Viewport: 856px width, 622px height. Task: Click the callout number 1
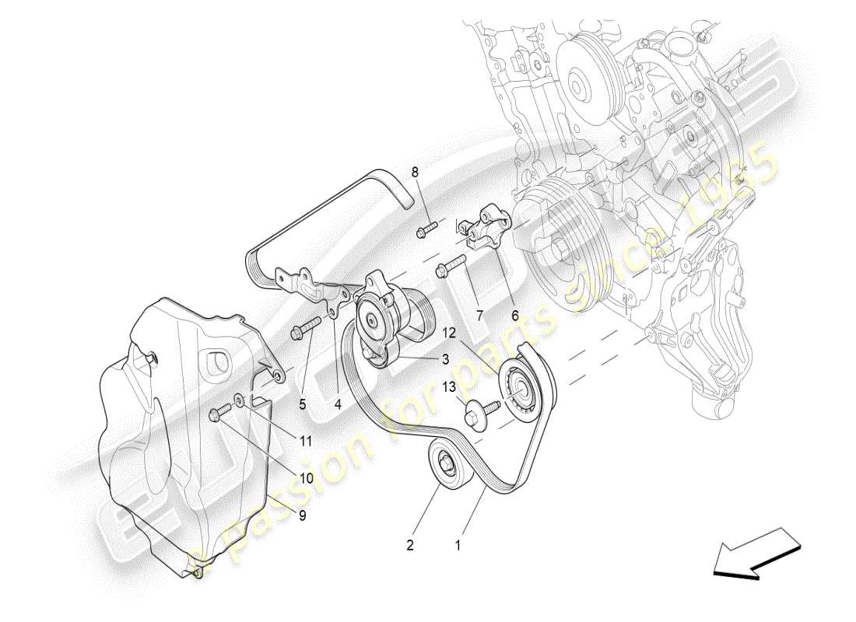[x=458, y=546]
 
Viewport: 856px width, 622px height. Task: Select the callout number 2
[x=410, y=546]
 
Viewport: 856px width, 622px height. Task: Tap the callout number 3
[x=446, y=359]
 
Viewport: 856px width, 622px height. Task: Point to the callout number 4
[x=339, y=404]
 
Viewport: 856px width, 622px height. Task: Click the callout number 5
[x=302, y=404]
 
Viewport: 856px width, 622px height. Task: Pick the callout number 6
[x=514, y=316]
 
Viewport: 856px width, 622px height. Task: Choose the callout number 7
[x=479, y=316]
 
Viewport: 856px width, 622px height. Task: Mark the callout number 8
[x=415, y=172]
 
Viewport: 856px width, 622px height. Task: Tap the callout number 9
[x=302, y=514]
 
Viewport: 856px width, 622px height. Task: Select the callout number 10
[x=307, y=479]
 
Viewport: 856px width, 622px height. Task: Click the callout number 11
[x=307, y=440]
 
